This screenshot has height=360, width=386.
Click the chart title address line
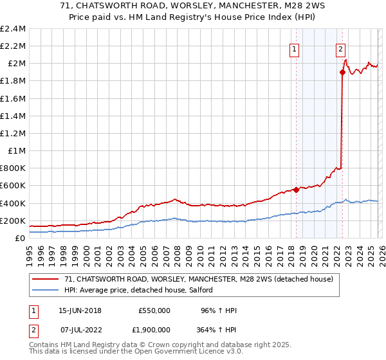(x=192, y=6)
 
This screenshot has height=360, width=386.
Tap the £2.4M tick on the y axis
(x=13, y=29)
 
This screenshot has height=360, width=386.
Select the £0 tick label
(x=20, y=238)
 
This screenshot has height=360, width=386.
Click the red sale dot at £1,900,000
(x=342, y=73)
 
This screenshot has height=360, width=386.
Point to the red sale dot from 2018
(x=296, y=190)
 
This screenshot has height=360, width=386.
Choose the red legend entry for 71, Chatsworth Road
(x=198, y=279)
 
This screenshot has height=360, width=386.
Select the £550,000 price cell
(x=154, y=310)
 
